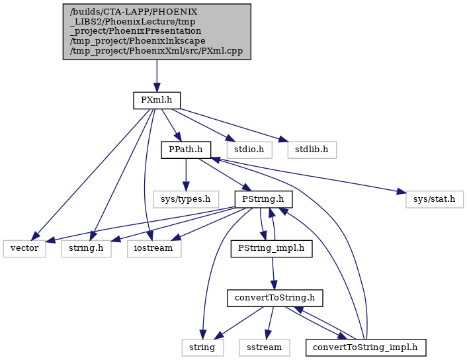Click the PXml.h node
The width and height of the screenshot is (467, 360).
pyautogui.click(x=157, y=101)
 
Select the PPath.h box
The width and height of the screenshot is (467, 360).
pyautogui.click(x=186, y=150)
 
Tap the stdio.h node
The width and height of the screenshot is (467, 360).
pyautogui.click(x=249, y=150)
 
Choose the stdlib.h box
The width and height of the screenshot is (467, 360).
pyautogui.click(x=312, y=150)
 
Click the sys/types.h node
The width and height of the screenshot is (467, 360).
pyautogui.click(x=186, y=199)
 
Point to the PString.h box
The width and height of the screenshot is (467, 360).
pyautogui.click(x=263, y=199)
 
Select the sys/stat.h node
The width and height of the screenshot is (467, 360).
pyautogui.click(x=434, y=199)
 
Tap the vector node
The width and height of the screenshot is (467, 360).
pyautogui.click(x=24, y=249)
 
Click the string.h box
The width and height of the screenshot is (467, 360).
pyautogui.click(x=87, y=249)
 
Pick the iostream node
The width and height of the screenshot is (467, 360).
pyautogui.click(x=154, y=249)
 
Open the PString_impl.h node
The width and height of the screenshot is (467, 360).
pyautogui.click(x=271, y=249)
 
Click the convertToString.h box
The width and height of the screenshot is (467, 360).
pyautogui.click(x=275, y=298)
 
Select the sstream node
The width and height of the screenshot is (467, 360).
pyautogui.click(x=264, y=348)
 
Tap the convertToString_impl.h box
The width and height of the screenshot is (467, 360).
pyautogui.click(x=366, y=348)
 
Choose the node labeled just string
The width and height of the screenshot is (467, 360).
pyautogui.click(x=202, y=348)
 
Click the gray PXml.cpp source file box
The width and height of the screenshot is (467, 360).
pyautogui.click(x=157, y=32)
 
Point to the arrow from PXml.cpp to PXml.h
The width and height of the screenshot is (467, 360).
pyautogui.click(x=157, y=75)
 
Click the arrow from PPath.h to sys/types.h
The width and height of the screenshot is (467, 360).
pyautogui.click(x=186, y=175)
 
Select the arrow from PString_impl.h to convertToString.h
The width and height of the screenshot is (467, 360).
pyautogui.click(x=273, y=273)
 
